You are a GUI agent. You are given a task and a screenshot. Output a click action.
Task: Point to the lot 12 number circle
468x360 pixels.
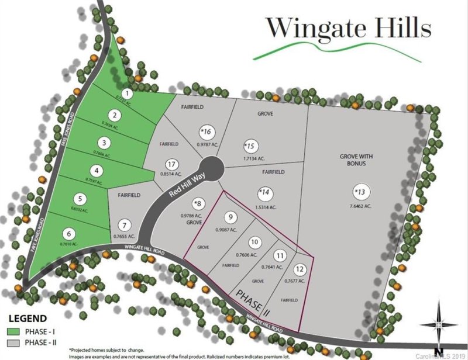pos(300,269)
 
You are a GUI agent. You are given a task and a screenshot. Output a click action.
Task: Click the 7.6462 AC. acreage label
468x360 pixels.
pos(359,206)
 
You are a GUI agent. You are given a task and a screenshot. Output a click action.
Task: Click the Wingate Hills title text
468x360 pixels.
pos(349,27)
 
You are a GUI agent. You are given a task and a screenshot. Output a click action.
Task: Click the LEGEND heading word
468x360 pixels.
pos(27,319)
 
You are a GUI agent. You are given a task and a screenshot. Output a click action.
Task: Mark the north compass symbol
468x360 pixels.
pos(439,323)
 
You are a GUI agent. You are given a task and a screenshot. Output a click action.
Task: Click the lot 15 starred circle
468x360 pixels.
pos(250,146)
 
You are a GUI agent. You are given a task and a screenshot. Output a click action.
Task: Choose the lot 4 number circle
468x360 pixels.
pos(98,171)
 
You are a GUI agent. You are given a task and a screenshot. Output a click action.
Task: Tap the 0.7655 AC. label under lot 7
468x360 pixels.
pos(124,236)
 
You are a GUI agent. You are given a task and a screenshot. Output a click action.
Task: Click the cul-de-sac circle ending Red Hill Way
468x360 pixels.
pos(211,169)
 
